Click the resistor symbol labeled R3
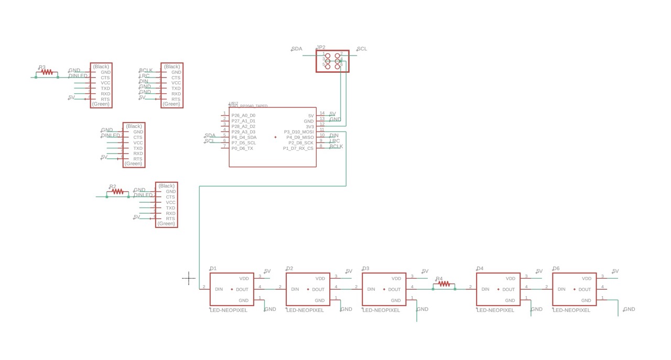coord(47,72)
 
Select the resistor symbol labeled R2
coord(117,192)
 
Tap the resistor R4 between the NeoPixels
coord(444,284)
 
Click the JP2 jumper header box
coord(332,61)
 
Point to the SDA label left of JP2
coord(297,49)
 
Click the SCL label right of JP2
coord(362,49)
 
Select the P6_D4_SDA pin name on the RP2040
coord(244,137)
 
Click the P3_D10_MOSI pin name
coord(298,132)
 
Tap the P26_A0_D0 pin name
coord(243,115)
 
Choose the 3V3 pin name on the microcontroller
coord(310,126)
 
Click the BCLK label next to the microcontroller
coord(336,146)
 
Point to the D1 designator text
coord(213,268)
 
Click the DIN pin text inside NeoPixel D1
coord(219,289)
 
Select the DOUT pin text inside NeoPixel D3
coord(394,289)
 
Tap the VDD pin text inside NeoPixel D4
coord(511,279)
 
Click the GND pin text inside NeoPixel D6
coord(586,300)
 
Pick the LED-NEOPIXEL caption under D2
coord(305,310)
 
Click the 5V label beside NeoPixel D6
coord(615,271)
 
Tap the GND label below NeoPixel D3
coord(422,309)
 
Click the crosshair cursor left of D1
coord(189,278)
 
